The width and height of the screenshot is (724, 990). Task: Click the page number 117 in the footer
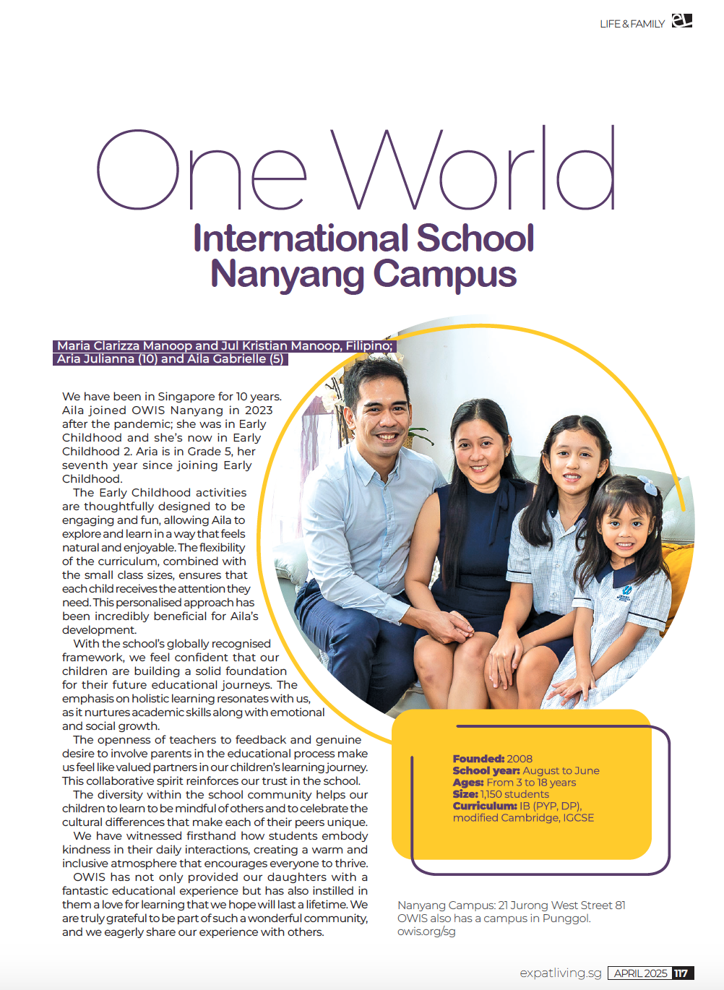[681, 973]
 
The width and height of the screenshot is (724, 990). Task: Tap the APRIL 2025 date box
[640, 973]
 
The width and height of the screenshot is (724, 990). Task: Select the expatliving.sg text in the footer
[560, 973]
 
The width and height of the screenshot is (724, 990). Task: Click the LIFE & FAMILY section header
[632, 24]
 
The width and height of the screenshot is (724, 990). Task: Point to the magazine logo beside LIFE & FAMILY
[681, 21]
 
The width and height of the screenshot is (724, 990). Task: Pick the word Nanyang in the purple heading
[288, 275]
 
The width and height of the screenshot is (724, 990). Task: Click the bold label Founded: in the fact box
[478, 759]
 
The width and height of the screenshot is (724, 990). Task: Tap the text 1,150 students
[514, 794]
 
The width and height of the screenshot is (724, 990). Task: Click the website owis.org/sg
[426, 931]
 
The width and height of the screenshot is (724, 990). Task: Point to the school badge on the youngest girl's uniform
[624, 593]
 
